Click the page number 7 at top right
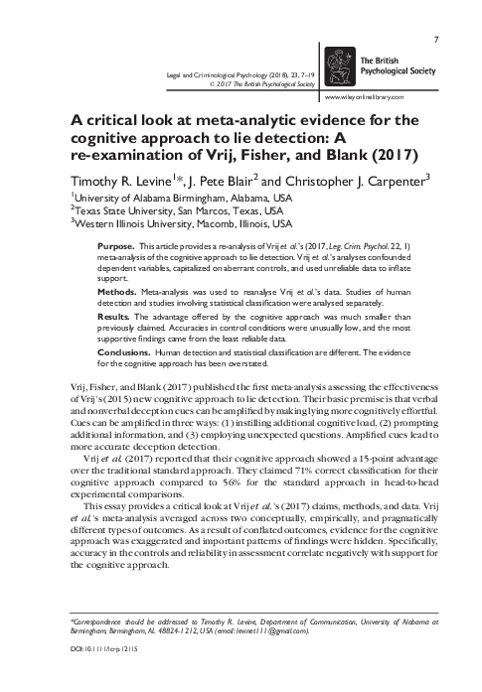point(437,13)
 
